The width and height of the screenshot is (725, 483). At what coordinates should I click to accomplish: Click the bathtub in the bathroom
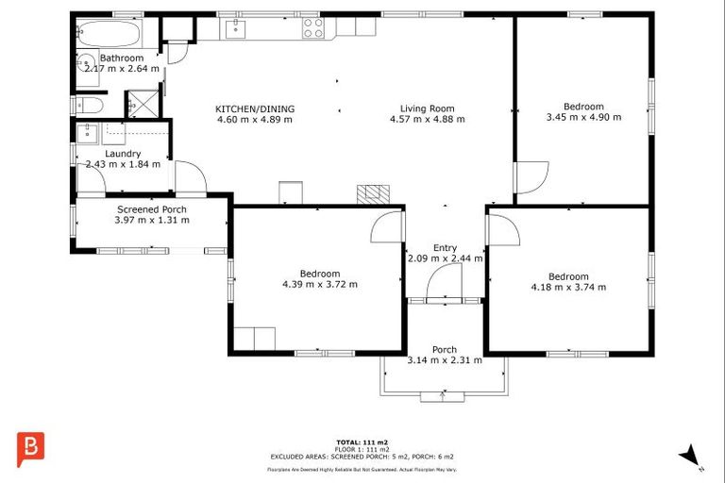pos(109,35)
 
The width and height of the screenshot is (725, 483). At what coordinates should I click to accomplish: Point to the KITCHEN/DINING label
pos(254,108)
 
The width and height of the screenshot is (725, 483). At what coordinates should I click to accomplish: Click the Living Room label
pos(427,108)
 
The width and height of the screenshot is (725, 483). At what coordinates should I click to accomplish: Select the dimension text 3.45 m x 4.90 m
pos(582,118)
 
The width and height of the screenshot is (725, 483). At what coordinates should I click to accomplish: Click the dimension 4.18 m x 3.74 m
pos(568,287)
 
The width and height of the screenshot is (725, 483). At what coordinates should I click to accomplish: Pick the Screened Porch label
pos(151,209)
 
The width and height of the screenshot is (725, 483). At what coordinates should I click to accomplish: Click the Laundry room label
pos(123,153)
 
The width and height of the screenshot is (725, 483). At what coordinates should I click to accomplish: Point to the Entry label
pos(445,247)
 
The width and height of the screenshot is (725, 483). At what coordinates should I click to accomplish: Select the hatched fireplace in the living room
pos(372,193)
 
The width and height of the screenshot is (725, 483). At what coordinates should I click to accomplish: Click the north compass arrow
pos(690,455)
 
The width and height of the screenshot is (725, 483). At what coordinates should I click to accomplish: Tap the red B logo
pos(30,447)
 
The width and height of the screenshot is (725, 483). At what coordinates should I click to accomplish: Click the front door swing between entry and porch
pos(444,281)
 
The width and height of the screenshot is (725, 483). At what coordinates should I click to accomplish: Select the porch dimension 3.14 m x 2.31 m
pos(444,359)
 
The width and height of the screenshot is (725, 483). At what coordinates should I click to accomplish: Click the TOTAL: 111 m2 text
pos(362,441)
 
